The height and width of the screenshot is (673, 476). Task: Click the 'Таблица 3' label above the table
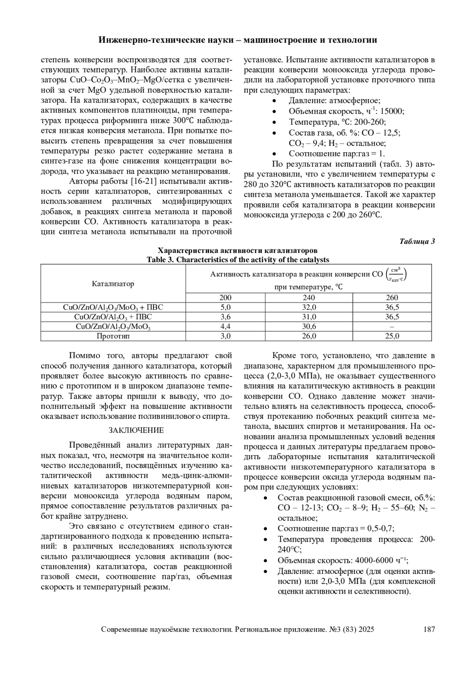click(x=417, y=242)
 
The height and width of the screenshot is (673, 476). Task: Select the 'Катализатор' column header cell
click(x=113, y=284)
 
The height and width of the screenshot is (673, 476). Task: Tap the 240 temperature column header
click(x=309, y=298)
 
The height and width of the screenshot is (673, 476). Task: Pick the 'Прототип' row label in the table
click(x=113, y=336)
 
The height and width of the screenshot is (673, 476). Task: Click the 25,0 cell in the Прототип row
click(x=392, y=336)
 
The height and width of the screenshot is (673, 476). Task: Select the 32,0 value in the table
click(x=309, y=307)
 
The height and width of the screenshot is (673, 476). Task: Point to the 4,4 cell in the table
click(x=225, y=326)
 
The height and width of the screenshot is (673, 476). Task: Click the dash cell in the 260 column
click(x=392, y=326)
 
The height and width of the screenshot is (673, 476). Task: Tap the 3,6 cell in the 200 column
click(x=225, y=317)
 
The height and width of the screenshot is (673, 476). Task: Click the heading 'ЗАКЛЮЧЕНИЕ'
click(x=136, y=431)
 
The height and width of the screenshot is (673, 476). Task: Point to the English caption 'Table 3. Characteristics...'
click(x=238, y=260)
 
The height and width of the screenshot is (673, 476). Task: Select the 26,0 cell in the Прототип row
click(x=309, y=336)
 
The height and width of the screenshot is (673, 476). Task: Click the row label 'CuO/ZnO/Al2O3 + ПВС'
click(x=113, y=317)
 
